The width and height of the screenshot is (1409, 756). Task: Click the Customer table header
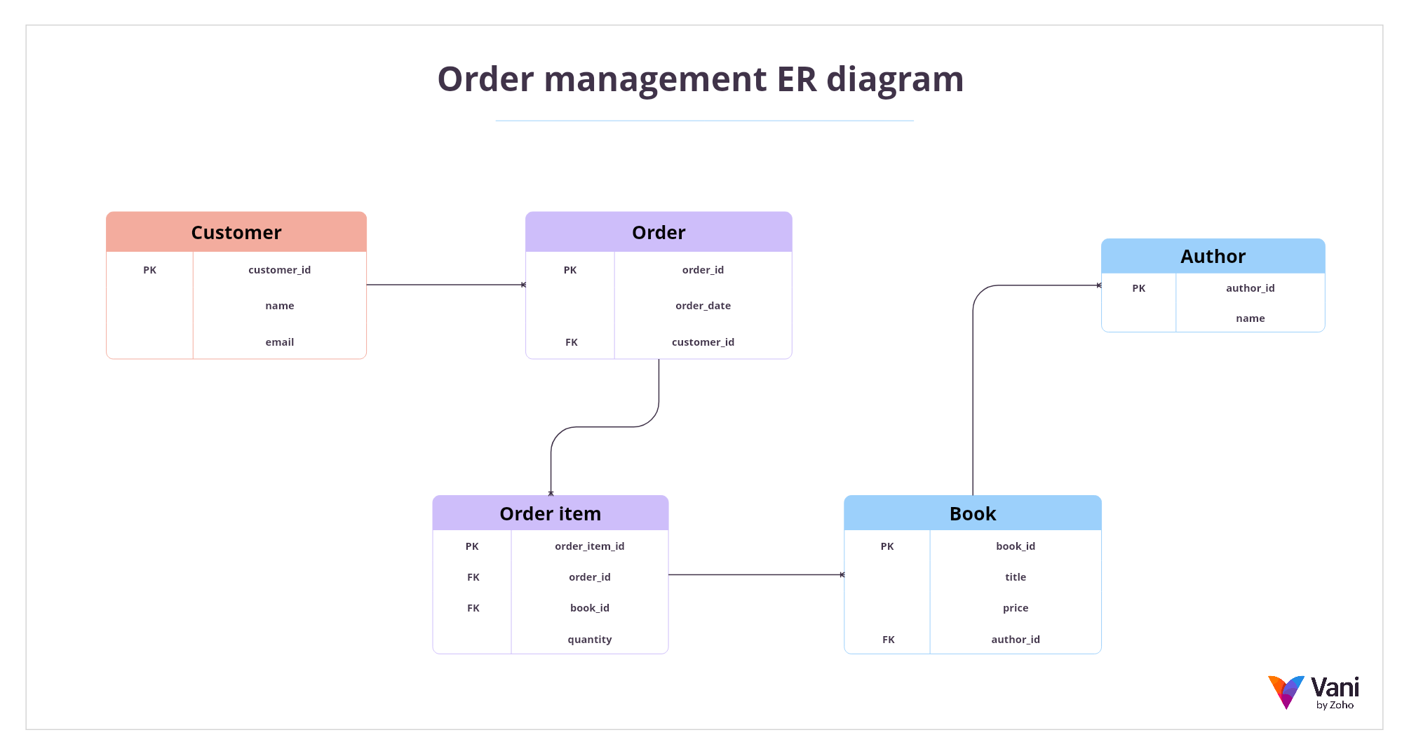[236, 232]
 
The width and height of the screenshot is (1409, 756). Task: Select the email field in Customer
[279, 342]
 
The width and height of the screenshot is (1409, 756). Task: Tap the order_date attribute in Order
[703, 306]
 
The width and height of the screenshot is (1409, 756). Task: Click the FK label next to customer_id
[571, 342]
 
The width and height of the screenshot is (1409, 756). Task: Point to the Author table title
[1213, 257]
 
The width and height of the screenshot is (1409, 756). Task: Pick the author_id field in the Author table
[1250, 288]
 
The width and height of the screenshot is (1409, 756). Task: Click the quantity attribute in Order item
[589, 640]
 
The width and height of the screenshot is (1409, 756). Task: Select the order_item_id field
[589, 546]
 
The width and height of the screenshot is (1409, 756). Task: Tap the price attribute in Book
[1015, 608]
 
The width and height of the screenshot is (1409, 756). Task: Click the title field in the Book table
[1015, 577]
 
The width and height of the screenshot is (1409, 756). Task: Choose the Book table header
[972, 514]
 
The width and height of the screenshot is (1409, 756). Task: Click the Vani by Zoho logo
[1312, 693]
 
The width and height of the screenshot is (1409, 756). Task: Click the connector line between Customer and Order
[445, 285]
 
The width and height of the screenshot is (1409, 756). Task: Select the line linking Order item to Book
[755, 575]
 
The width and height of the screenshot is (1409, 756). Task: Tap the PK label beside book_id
[886, 546]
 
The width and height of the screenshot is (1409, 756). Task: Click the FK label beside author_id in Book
[888, 640]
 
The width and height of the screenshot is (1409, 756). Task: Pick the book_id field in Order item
[589, 608]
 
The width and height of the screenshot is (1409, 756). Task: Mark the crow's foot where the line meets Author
[1098, 285]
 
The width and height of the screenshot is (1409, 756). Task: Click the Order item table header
[550, 514]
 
